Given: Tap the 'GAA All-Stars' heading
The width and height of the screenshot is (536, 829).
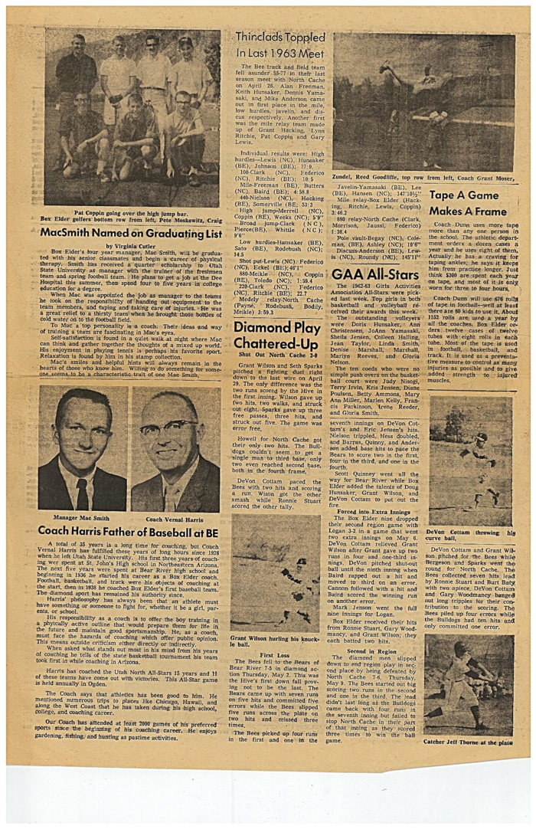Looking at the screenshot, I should [x=372, y=273].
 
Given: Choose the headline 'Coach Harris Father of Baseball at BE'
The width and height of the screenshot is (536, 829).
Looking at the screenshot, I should [x=128, y=530].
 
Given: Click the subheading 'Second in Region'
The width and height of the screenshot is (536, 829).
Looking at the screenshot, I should [x=373, y=650].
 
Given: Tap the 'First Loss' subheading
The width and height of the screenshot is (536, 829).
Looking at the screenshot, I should [x=274, y=655].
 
